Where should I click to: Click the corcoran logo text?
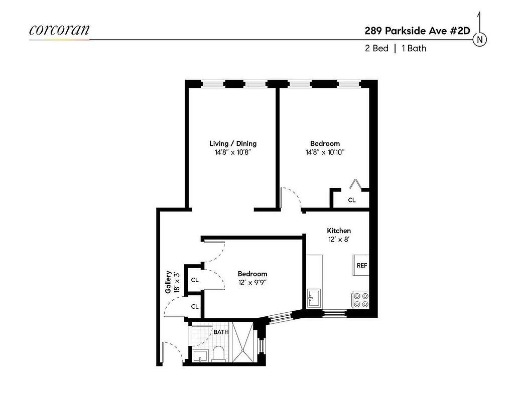click(x=59, y=30)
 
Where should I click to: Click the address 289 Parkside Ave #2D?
click(x=417, y=30)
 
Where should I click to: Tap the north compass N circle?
click(x=481, y=40)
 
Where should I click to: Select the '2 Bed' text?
click(x=376, y=49)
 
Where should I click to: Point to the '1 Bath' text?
click(x=414, y=49)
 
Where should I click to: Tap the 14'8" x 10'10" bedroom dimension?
click(x=325, y=152)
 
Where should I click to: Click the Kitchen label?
click(x=339, y=231)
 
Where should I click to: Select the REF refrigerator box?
click(x=361, y=265)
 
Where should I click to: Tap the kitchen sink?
click(x=313, y=298)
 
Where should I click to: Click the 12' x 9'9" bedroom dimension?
click(x=252, y=283)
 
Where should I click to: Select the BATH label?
click(x=221, y=332)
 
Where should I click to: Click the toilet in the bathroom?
click(x=219, y=354)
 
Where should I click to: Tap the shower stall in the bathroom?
click(x=242, y=343)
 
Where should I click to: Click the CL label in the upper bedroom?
click(x=352, y=200)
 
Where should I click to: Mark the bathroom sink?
click(x=199, y=356)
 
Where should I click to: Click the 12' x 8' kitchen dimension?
click(x=338, y=240)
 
